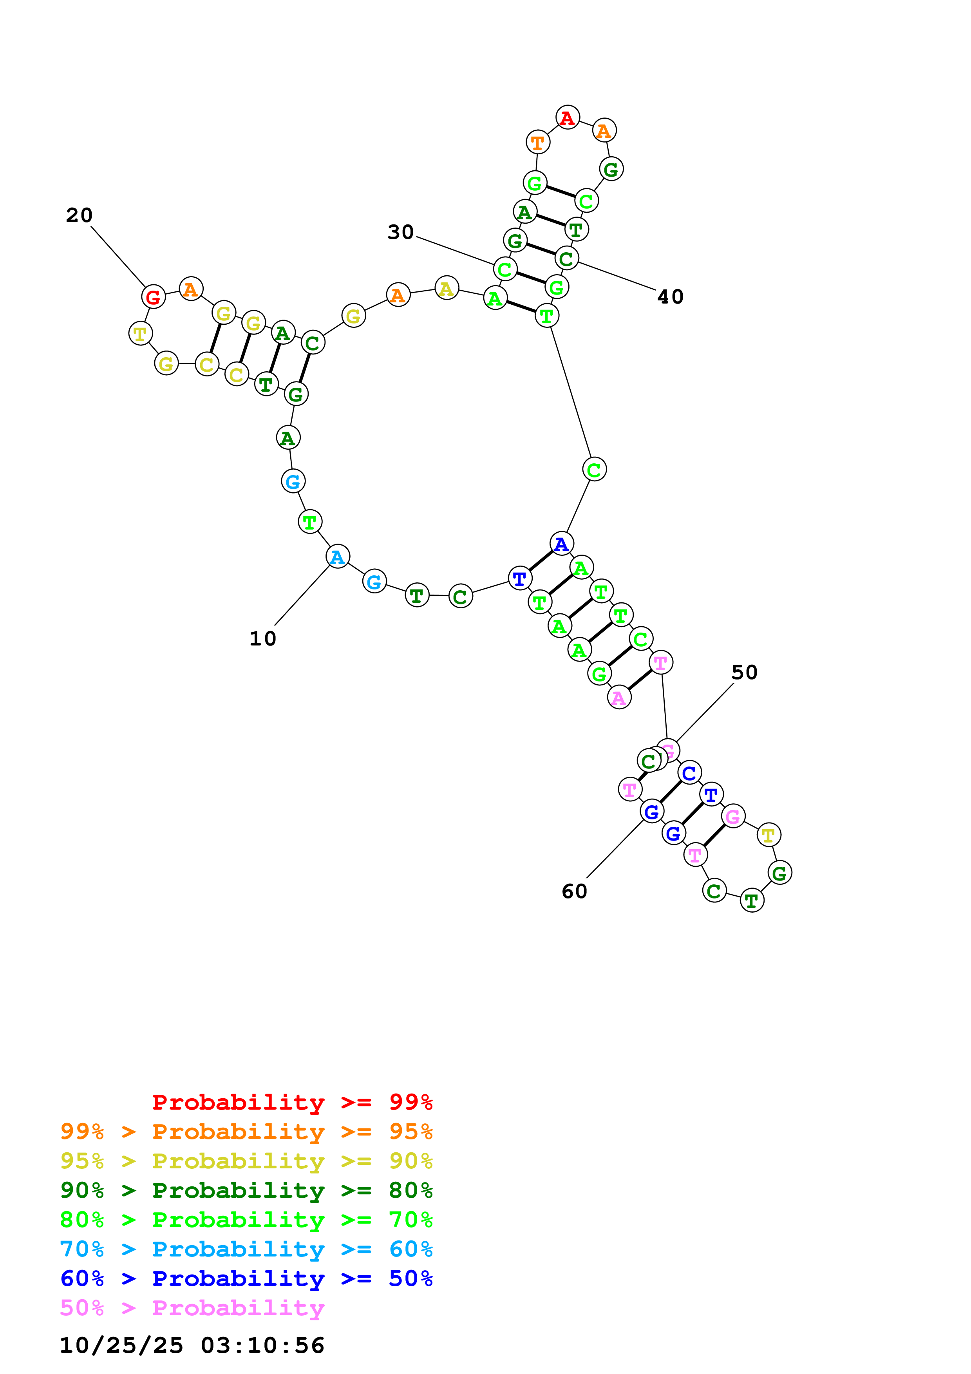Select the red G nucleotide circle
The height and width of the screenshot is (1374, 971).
click(153, 296)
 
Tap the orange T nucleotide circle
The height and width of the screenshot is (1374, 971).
click(537, 143)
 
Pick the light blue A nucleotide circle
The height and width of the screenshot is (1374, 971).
click(337, 557)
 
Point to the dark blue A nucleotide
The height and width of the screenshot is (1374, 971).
click(561, 543)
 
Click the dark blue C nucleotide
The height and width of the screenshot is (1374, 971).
click(689, 772)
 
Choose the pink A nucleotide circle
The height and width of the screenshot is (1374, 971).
click(619, 697)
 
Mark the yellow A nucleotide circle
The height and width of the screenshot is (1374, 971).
click(446, 288)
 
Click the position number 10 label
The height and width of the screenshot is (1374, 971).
click(263, 638)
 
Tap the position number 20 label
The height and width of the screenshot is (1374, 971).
click(79, 215)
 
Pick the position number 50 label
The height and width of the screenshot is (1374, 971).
click(744, 672)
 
